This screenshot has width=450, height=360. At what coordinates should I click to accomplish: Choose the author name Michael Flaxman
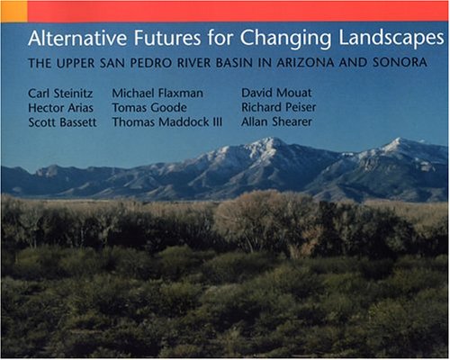click(157, 93)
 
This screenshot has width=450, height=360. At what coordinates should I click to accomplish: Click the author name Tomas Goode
click(149, 108)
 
